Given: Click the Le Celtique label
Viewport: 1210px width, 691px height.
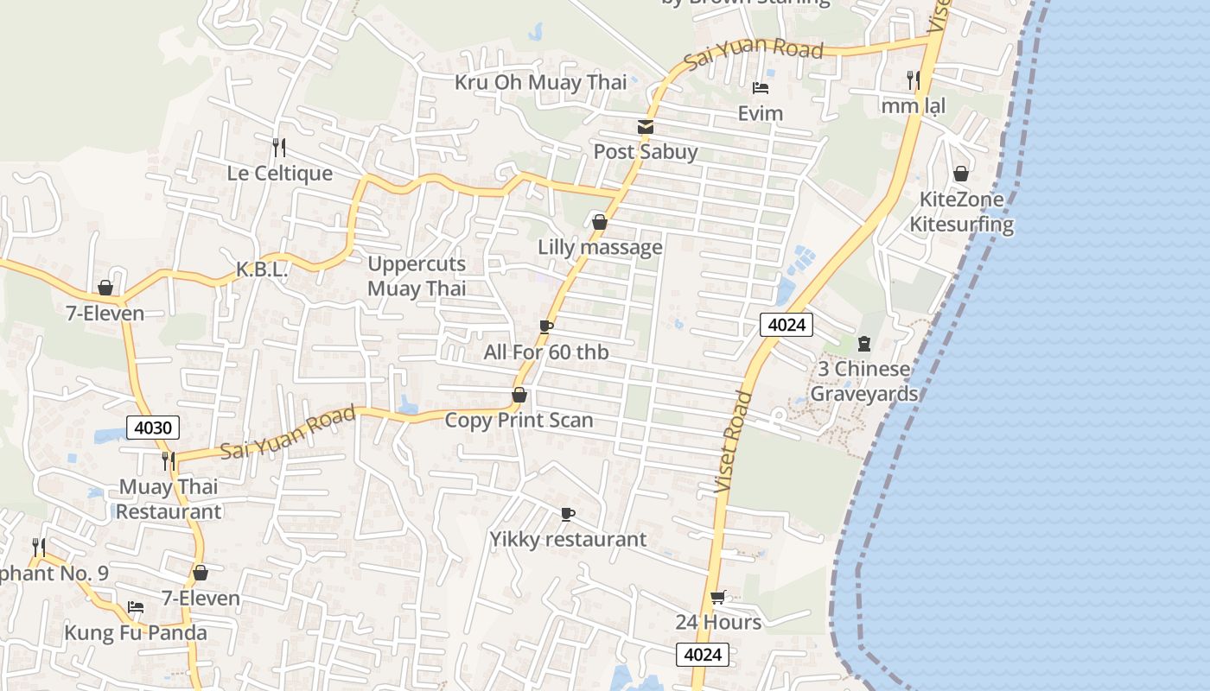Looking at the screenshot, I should pyautogui.click(x=279, y=174).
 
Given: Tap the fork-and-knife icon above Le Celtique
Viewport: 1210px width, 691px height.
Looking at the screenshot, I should pyautogui.click(x=278, y=148).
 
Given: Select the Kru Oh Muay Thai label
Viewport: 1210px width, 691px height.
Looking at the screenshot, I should pyautogui.click(x=541, y=83).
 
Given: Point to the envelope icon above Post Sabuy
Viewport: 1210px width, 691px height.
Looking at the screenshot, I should pyautogui.click(x=645, y=127).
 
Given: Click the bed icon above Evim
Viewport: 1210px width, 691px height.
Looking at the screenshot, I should pyautogui.click(x=761, y=88).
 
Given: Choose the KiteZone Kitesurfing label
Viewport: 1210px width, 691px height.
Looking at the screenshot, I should pyautogui.click(x=961, y=212).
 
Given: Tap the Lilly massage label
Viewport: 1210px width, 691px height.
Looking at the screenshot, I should pyautogui.click(x=600, y=248).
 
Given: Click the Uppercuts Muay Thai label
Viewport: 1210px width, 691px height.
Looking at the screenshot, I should pyautogui.click(x=417, y=276).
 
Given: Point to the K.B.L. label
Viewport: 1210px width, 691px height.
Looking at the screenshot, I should pyautogui.click(x=262, y=270).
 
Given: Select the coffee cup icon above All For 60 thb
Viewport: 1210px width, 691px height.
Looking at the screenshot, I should pyautogui.click(x=545, y=326).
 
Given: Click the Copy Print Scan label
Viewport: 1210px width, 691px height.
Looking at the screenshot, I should pyautogui.click(x=519, y=421).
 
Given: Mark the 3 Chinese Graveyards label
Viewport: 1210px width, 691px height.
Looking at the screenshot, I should pyautogui.click(x=863, y=382).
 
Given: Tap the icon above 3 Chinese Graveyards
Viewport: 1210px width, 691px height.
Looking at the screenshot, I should pyautogui.click(x=863, y=344).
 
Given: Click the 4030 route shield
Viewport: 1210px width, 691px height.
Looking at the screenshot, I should pyautogui.click(x=154, y=427).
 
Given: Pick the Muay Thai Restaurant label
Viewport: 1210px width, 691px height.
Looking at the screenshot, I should pyautogui.click(x=169, y=499).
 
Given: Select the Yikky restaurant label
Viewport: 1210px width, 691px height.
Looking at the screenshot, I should pyautogui.click(x=568, y=540).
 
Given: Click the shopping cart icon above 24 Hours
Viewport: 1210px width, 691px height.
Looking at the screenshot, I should pyautogui.click(x=717, y=597).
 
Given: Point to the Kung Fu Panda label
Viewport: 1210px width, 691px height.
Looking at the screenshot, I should pyautogui.click(x=136, y=633).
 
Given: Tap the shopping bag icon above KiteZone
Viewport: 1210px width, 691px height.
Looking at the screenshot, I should pyautogui.click(x=960, y=174).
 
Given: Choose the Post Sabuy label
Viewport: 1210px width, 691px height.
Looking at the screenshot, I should pyautogui.click(x=645, y=152).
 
